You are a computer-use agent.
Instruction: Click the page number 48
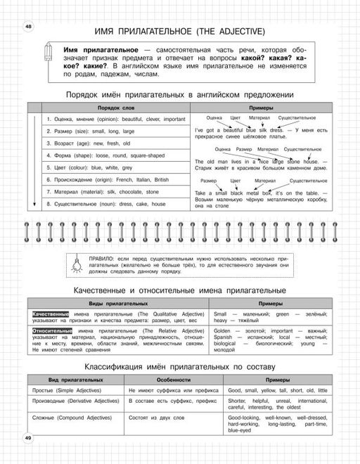28,26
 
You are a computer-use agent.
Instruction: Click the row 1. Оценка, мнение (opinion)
115,119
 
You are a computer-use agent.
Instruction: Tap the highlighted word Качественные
50,314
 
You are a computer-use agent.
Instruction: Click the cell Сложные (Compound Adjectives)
66,418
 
